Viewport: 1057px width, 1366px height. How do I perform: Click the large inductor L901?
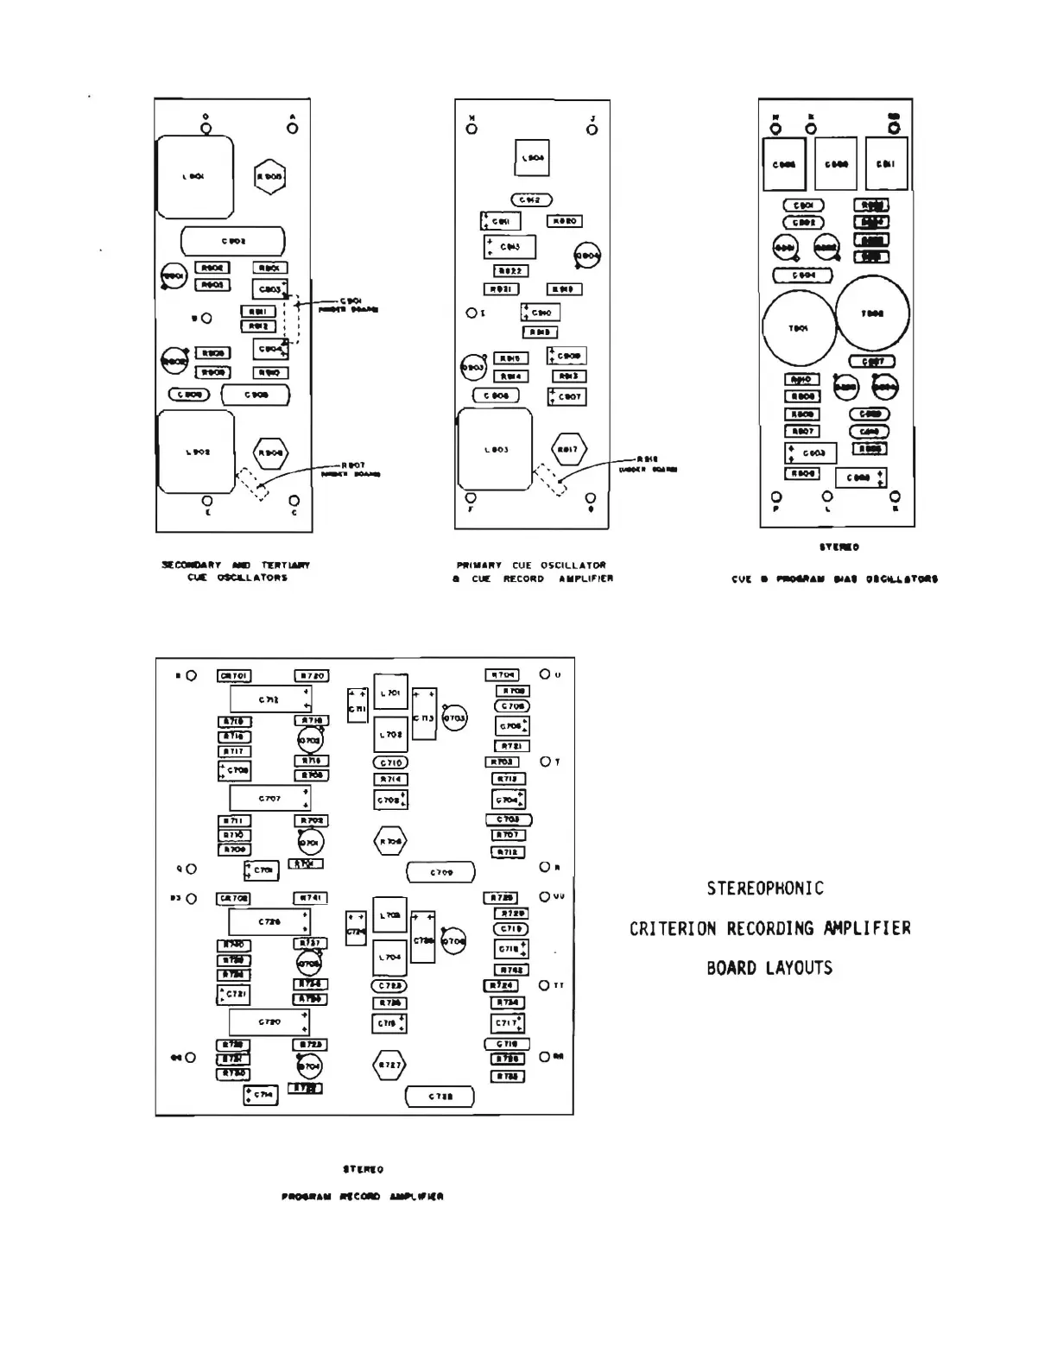(195, 177)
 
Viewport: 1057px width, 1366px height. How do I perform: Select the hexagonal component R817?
(568, 450)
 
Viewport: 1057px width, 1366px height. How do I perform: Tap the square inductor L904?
(532, 158)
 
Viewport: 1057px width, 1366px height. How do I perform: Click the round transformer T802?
(873, 313)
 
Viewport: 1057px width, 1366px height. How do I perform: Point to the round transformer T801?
(799, 328)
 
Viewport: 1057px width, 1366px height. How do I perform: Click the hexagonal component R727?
(389, 1066)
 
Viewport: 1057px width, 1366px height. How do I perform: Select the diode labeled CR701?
(234, 676)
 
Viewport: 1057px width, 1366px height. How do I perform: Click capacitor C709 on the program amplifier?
(440, 873)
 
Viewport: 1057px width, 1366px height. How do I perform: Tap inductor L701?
(390, 692)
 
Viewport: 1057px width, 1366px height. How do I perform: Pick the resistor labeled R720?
(312, 676)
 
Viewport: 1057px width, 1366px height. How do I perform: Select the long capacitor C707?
(269, 799)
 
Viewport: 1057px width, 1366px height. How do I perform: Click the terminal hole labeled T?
(545, 762)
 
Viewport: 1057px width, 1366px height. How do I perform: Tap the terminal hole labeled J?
(592, 130)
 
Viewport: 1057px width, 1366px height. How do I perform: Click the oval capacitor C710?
(390, 762)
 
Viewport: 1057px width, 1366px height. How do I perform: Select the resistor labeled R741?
(312, 899)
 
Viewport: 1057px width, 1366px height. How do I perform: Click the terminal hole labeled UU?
(545, 897)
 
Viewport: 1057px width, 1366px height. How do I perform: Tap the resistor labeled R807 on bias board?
(802, 431)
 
